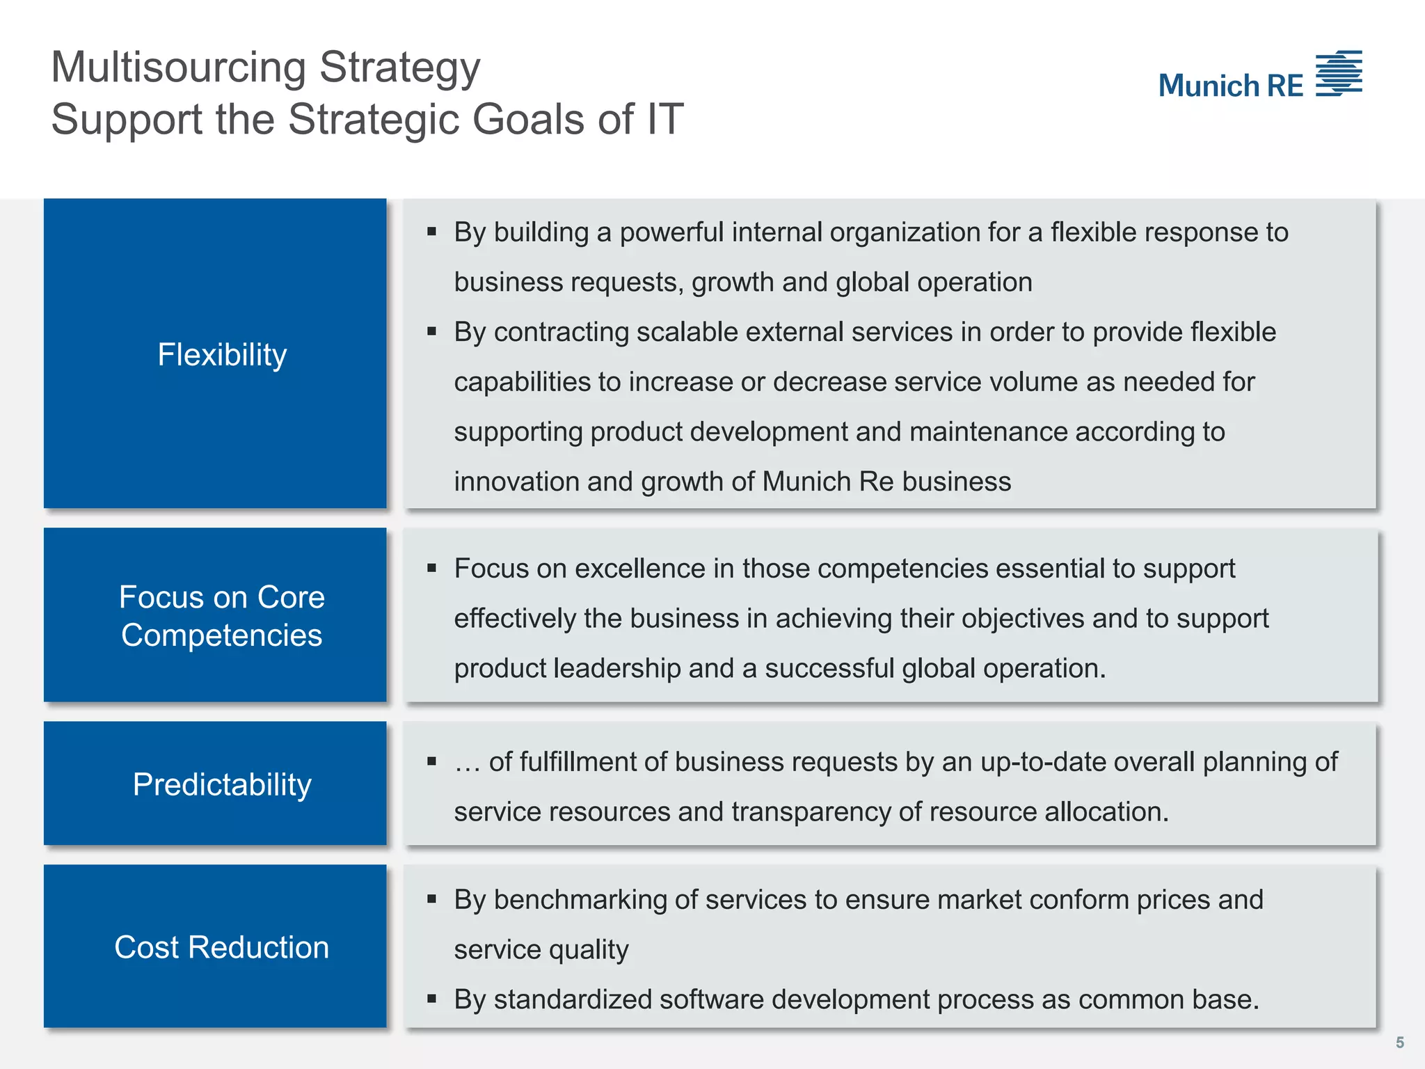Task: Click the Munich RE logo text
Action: tap(1230, 86)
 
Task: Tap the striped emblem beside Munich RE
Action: tap(1339, 73)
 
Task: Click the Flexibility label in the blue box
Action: tap(222, 355)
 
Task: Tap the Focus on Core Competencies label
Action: tap(222, 616)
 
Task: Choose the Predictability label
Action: tap(222, 784)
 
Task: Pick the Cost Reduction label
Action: tap(222, 947)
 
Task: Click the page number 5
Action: tap(1399, 1043)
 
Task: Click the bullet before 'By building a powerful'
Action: tap(432, 231)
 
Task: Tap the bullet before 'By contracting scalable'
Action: tap(432, 331)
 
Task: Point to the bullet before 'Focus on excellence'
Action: tap(432, 568)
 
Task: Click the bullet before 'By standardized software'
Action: tap(432, 999)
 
